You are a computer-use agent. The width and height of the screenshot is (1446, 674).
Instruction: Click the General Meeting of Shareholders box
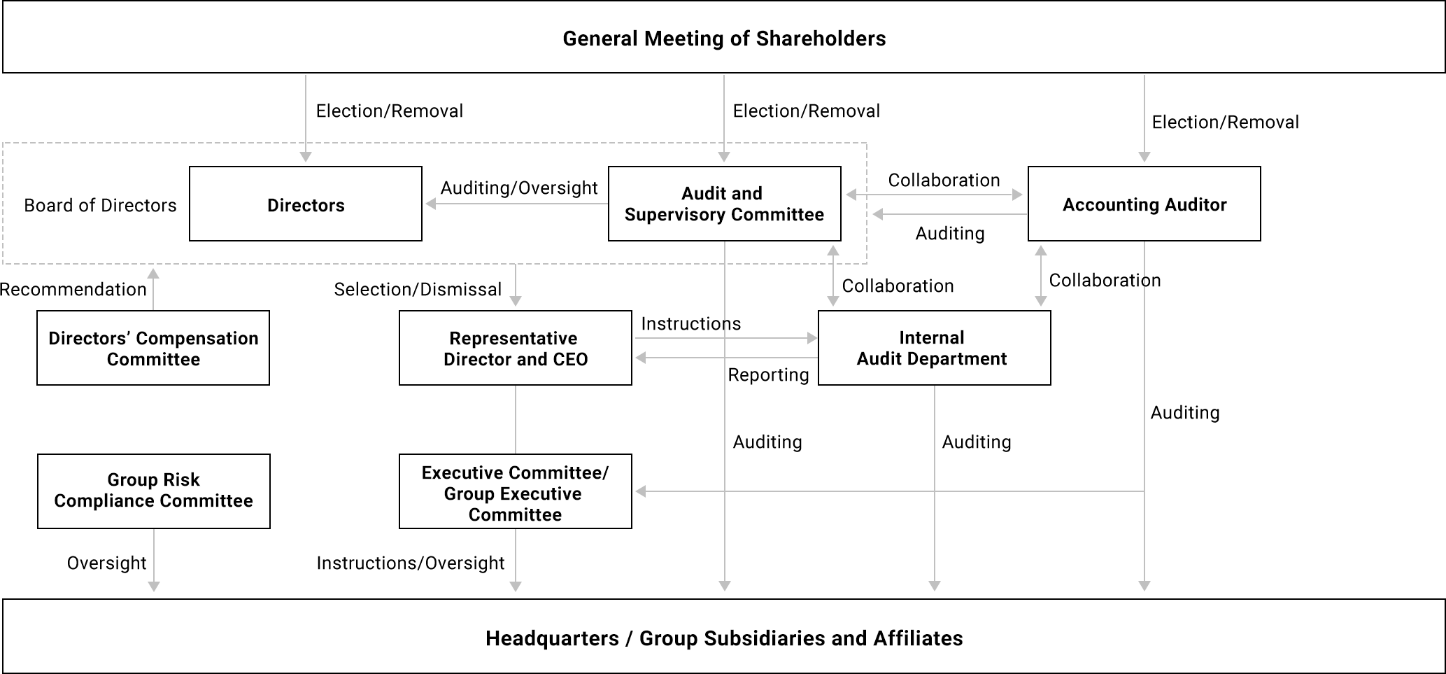click(x=723, y=38)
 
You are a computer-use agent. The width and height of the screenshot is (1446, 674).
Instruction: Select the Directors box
click(x=306, y=204)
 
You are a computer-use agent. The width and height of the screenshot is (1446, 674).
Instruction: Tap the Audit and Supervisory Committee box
click(x=724, y=204)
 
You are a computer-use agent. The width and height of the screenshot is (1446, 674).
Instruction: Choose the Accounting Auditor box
click(x=1144, y=204)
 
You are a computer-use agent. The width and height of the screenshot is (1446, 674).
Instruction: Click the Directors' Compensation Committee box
click(x=153, y=348)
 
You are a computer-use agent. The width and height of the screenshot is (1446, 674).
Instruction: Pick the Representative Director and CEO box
click(x=515, y=348)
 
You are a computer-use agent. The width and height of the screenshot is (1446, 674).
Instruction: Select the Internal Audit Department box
click(x=934, y=348)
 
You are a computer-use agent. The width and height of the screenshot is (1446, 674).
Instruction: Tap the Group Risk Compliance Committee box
click(x=153, y=491)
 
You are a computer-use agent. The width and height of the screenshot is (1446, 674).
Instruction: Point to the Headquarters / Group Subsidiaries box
click(x=723, y=638)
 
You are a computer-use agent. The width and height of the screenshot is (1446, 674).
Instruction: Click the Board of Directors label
click(x=100, y=205)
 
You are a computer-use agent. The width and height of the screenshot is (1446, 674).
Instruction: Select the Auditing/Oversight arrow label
click(x=518, y=188)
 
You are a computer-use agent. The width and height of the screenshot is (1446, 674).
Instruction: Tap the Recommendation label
click(x=73, y=289)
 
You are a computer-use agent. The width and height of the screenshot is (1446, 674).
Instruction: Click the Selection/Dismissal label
click(x=418, y=289)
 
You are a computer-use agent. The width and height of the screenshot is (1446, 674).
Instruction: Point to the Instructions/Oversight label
click(x=410, y=563)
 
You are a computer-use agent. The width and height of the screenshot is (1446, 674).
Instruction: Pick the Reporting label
click(x=768, y=374)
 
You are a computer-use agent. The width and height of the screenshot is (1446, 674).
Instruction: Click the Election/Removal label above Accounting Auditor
click(x=1225, y=122)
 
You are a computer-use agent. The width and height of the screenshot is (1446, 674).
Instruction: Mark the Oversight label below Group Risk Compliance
click(x=106, y=563)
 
